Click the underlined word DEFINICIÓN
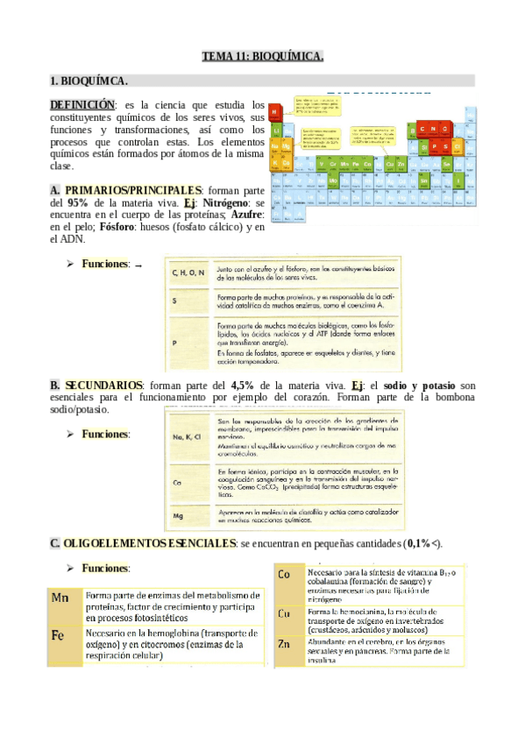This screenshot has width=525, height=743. pyautogui.click(x=82, y=104)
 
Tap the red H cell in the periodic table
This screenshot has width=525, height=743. pyautogui.click(x=274, y=112)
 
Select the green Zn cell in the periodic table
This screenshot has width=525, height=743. pyautogui.click(x=401, y=164)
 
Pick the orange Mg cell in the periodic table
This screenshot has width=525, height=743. pyautogui.click(x=287, y=145)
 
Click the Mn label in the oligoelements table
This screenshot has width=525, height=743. pyautogui.click(x=60, y=598)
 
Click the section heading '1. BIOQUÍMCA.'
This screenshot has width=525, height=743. pyautogui.click(x=89, y=81)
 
